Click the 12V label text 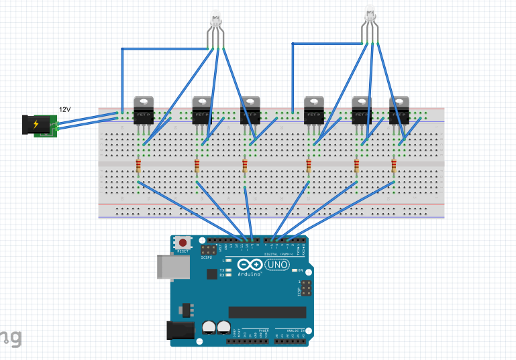(x=64, y=109)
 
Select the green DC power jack (x=40, y=125)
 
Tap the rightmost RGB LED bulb (x=370, y=13)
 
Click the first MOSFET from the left (x=144, y=110)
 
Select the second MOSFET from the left (x=202, y=110)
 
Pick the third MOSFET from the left (x=250, y=110)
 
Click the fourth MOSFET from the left (x=314, y=110)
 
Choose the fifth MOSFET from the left (x=362, y=110)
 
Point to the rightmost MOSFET (x=399, y=110)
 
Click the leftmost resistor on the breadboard (x=138, y=166)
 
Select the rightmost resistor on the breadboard (x=393, y=166)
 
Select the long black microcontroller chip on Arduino (x=267, y=312)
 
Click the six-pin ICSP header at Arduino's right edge (x=306, y=290)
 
